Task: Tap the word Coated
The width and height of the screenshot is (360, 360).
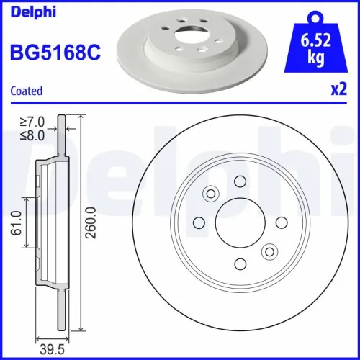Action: tap(26, 91)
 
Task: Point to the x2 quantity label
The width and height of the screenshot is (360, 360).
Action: tap(338, 91)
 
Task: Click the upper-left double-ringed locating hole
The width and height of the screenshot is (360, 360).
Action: tap(211, 193)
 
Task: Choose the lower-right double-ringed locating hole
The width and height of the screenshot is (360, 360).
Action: tap(269, 251)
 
